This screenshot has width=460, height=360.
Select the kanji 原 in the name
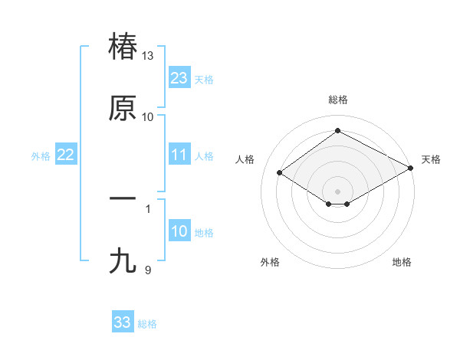point(123,108)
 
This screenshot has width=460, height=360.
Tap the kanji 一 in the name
point(123,198)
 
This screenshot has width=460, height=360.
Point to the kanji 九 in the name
point(123,261)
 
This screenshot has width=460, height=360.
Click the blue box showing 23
point(179,78)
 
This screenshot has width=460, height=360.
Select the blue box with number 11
point(179,155)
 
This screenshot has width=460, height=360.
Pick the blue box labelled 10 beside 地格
point(179,232)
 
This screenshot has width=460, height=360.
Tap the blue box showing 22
point(66,155)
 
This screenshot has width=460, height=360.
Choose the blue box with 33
point(123,322)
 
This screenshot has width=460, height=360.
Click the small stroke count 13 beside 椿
point(148,56)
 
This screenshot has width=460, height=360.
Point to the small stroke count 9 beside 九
point(148,270)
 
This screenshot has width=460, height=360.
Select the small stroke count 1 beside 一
point(148,208)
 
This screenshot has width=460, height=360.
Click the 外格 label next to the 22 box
point(41,156)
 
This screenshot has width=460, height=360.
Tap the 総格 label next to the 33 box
point(147,324)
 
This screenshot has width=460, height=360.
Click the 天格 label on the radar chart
point(431,159)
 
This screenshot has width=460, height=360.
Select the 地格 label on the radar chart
point(402,262)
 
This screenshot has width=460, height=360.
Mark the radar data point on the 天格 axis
point(411,169)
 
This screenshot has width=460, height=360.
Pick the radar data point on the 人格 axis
point(280,173)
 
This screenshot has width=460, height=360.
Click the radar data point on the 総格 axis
point(338,131)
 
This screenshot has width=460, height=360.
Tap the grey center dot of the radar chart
point(338,191)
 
